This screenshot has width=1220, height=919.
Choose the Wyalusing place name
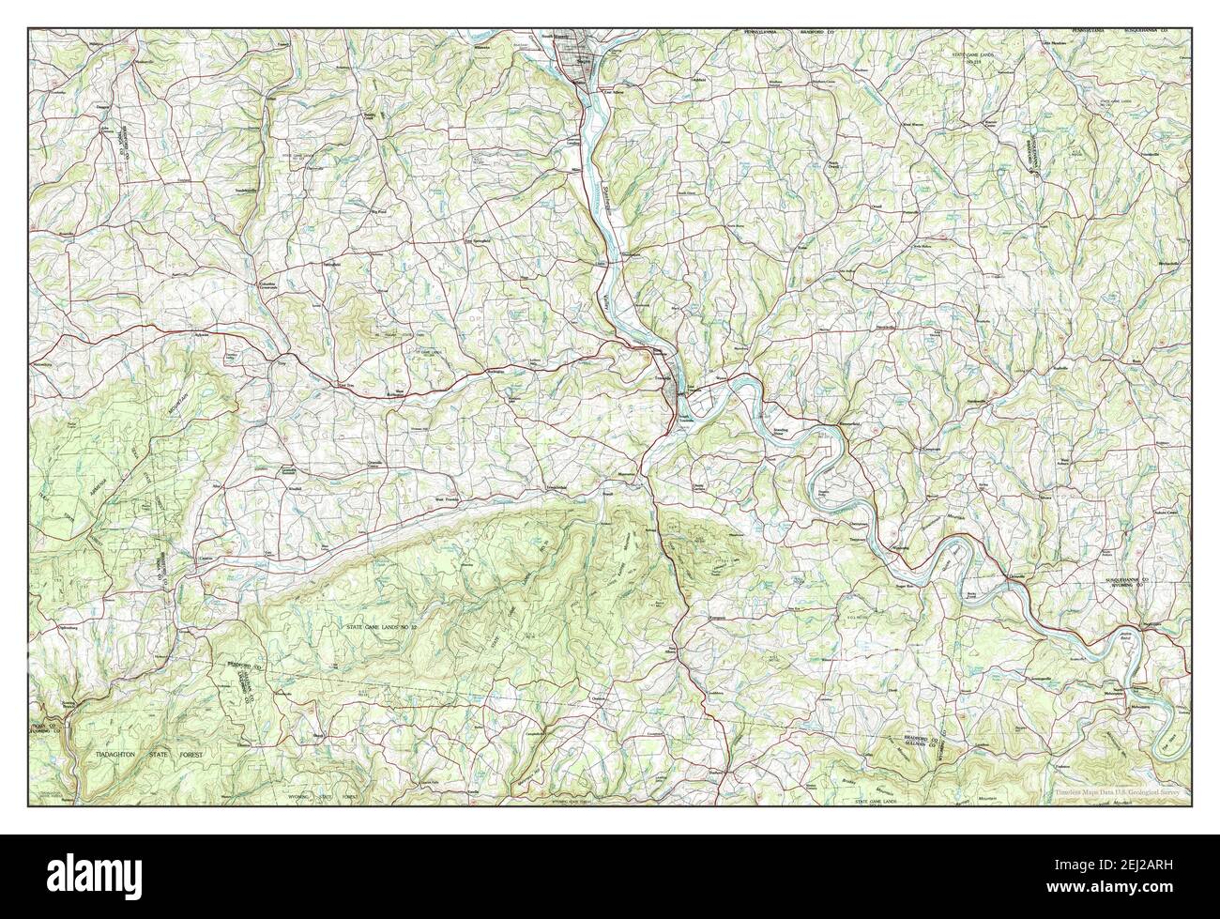[x=902, y=545]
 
